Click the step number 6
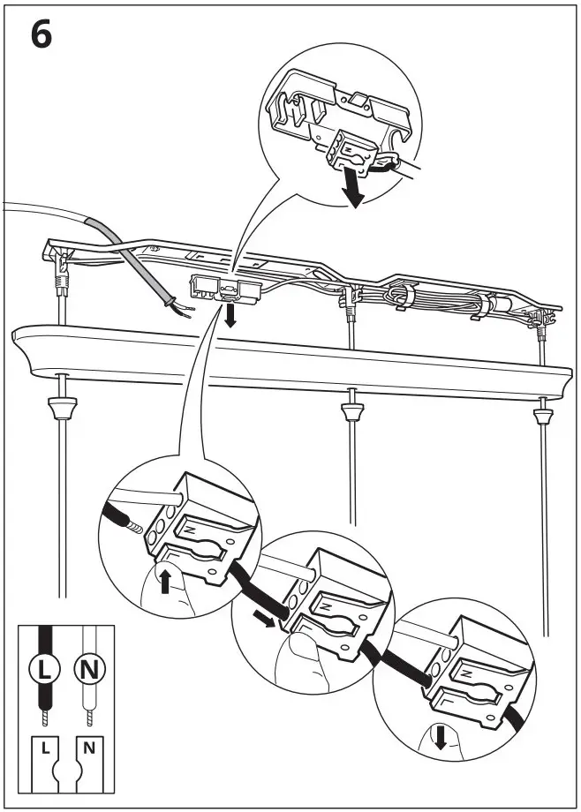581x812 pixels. pyautogui.click(x=41, y=37)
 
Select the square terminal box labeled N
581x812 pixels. pyautogui.click(x=89, y=748)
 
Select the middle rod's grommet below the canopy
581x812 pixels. pyautogui.click(x=351, y=412)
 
